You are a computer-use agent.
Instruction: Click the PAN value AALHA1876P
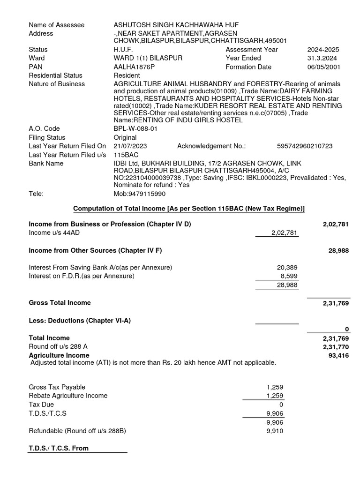(x=134, y=67)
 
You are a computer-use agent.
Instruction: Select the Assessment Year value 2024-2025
(x=323, y=50)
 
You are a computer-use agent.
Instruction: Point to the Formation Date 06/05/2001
(x=323, y=67)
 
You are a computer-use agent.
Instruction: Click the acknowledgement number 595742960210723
(x=305, y=146)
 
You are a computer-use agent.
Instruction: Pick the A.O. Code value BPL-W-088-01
(x=135, y=129)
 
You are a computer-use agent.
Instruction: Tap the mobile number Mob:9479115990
(x=139, y=194)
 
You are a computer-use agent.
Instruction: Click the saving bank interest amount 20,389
(x=287, y=268)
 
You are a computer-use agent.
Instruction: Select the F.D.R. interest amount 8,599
(x=289, y=276)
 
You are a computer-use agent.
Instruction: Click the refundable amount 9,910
(x=275, y=431)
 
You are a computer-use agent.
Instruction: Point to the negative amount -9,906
(x=274, y=422)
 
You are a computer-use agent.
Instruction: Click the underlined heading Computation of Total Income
(x=189, y=209)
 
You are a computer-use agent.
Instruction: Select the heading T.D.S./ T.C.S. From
(x=59, y=448)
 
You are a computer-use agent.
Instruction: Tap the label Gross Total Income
(x=60, y=303)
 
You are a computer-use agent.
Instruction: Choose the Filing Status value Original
(x=125, y=138)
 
